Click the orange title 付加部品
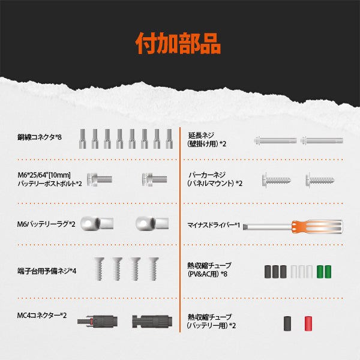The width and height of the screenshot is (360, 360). [178, 43]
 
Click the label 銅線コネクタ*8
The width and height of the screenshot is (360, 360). [40, 137]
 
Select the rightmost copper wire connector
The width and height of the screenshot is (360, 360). [170, 137]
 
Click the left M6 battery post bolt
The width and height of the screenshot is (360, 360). [99, 178]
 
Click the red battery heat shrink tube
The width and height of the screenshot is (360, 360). [309, 323]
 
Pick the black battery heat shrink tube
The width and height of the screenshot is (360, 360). [287, 323]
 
